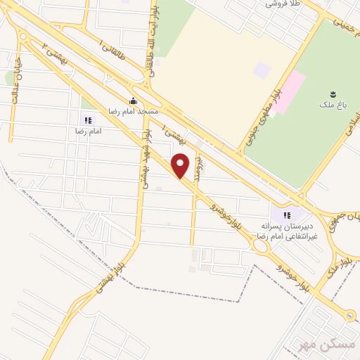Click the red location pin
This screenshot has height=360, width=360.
point(181,165)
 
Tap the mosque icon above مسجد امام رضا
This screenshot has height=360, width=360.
point(133,100)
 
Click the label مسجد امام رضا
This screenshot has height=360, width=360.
point(133,111)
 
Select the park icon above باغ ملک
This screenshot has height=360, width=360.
point(331,94)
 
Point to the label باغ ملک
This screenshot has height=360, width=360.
point(331,105)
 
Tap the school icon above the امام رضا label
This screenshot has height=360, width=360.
point(88,120)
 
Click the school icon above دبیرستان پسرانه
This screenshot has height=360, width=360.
point(286,215)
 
